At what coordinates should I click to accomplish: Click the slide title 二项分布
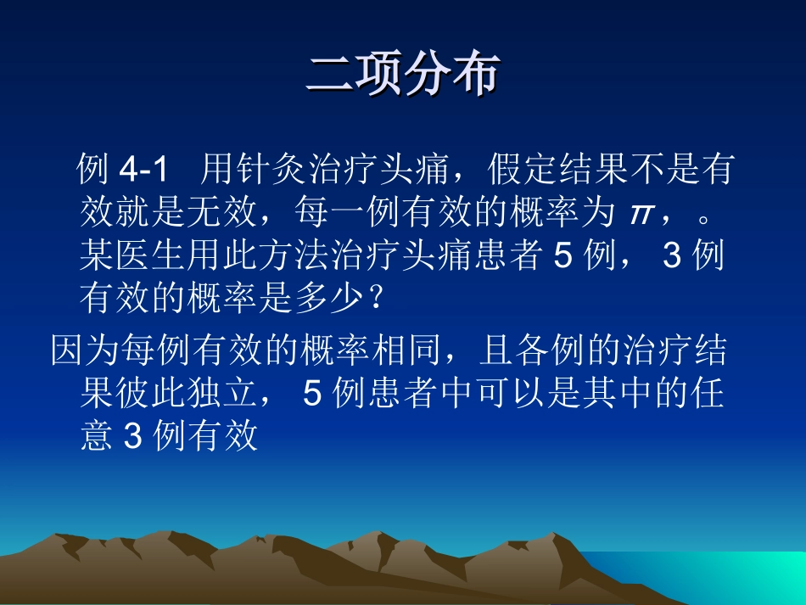pyautogui.click(x=402, y=76)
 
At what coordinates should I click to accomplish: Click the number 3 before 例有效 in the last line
pyautogui.click(x=132, y=438)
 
